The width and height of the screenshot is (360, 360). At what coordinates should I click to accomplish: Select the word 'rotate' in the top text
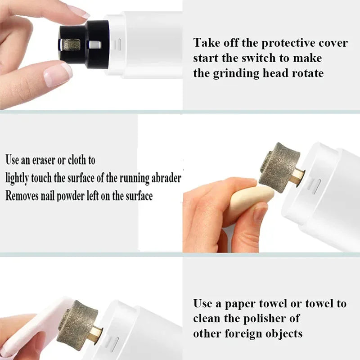(306, 73)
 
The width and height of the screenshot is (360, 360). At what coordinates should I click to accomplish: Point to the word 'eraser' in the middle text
(47, 160)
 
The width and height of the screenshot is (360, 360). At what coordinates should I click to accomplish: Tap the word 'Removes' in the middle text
(22, 196)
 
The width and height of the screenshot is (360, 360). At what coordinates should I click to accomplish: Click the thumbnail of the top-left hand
(57, 73)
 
